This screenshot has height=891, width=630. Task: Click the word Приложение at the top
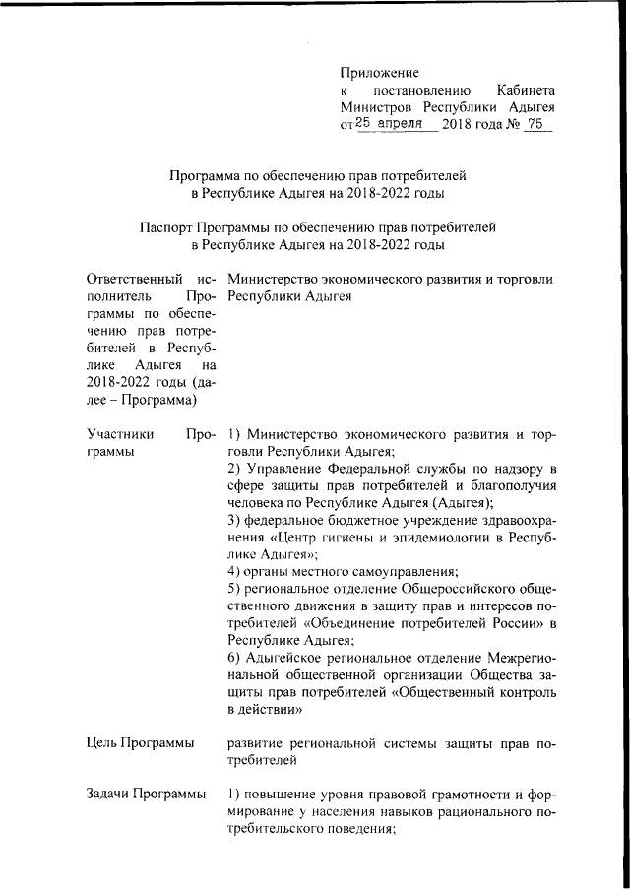coord(379,72)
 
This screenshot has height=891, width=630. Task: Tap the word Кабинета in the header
coord(525,89)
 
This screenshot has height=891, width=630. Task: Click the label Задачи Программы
coord(146,794)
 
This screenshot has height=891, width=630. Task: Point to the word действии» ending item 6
coord(266,707)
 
